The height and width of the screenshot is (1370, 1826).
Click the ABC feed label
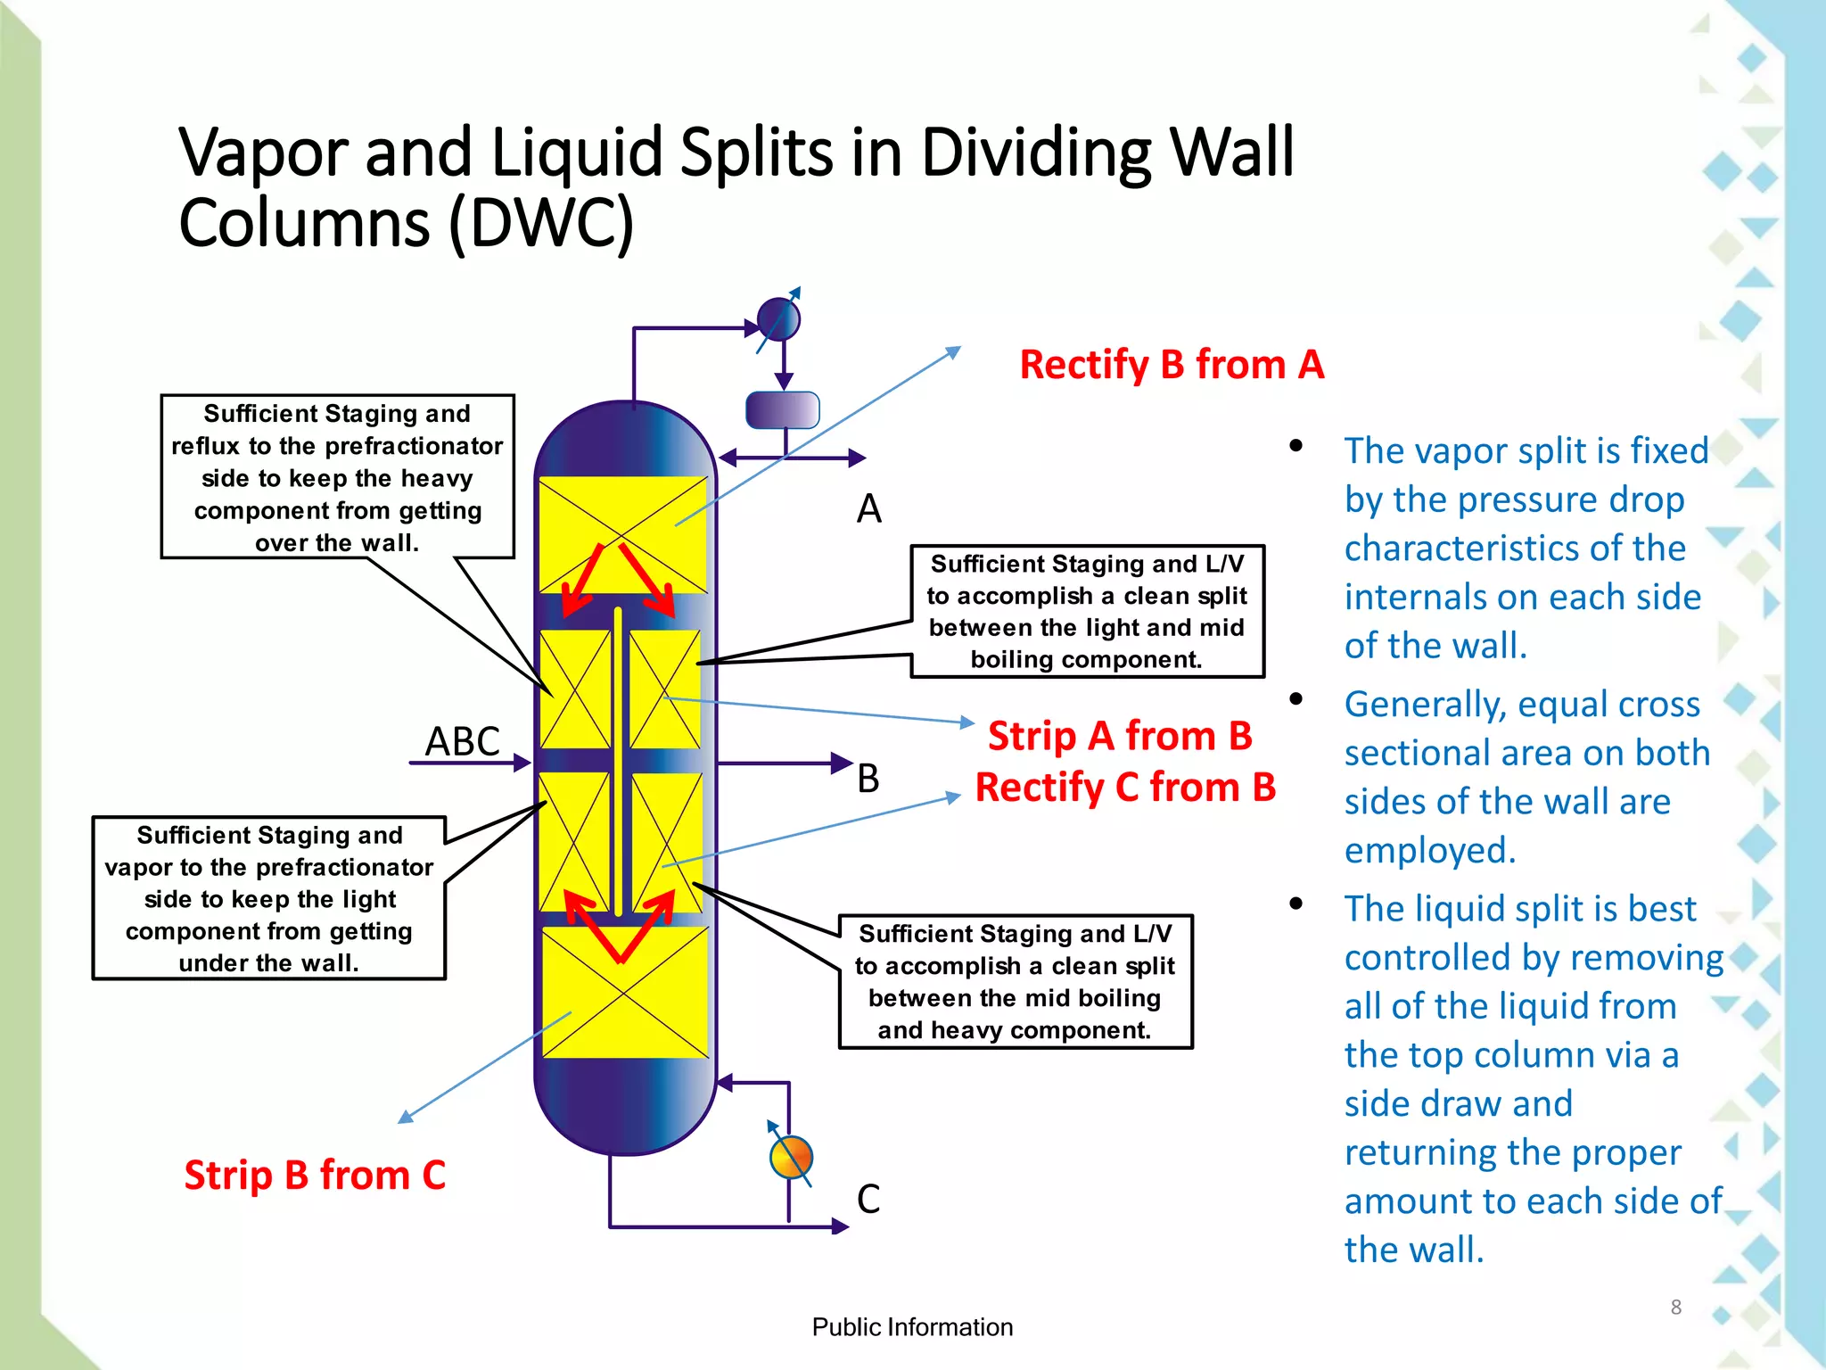pyautogui.click(x=462, y=741)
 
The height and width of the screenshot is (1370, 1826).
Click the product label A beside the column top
pyautogui.click(x=868, y=509)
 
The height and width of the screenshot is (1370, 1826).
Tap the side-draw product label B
pyautogui.click(x=868, y=779)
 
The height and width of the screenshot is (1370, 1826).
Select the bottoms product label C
pyautogui.click(x=868, y=1199)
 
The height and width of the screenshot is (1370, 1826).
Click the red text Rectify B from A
pyautogui.click(x=1171, y=365)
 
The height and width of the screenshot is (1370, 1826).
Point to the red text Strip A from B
pyautogui.click(x=1120, y=737)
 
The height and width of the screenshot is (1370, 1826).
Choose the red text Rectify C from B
pyautogui.click(x=1125, y=788)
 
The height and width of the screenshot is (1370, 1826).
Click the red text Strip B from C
pyautogui.click(x=315, y=1176)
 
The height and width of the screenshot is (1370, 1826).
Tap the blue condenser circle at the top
pyautogui.click(x=778, y=319)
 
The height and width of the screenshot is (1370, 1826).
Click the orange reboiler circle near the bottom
pyautogui.click(x=791, y=1158)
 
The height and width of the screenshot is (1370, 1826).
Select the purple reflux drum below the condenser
pyautogui.click(x=782, y=410)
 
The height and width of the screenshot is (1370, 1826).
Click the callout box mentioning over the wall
pyautogui.click(x=337, y=477)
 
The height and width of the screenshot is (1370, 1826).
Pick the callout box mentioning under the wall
pyautogui.click(x=268, y=898)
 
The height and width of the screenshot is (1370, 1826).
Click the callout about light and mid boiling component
pyautogui.click(x=1087, y=612)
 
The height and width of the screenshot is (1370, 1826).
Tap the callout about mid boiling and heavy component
pyautogui.click(x=1015, y=981)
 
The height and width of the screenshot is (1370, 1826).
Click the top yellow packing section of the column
pyautogui.click(x=622, y=533)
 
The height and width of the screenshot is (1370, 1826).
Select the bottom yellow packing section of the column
pyautogui.click(x=624, y=992)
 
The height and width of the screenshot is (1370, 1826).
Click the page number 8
pyautogui.click(x=1675, y=1308)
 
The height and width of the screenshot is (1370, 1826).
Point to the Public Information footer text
pyautogui.click(x=912, y=1327)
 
